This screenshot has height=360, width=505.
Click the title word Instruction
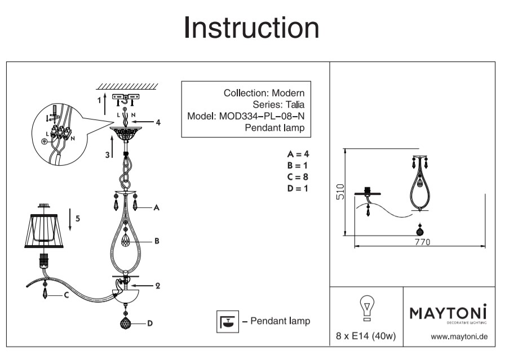[251, 28]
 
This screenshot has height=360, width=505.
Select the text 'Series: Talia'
[279, 105]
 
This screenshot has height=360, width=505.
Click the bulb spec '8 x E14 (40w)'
[366, 337]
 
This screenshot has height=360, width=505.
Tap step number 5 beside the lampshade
[78, 219]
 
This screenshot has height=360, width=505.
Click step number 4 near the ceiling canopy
[159, 122]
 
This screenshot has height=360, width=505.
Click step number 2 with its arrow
[158, 286]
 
